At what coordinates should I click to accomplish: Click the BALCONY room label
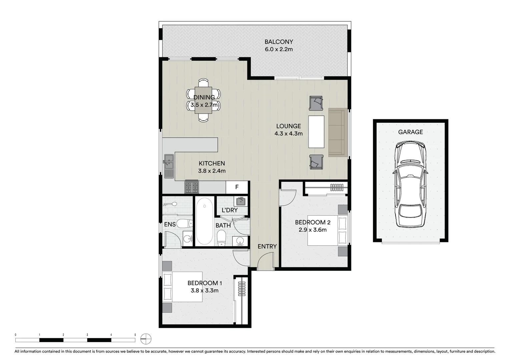pos(279,42)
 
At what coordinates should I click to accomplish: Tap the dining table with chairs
pos(203,100)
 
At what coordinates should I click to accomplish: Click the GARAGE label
pos(410,132)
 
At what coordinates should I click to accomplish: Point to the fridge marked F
pos(237,187)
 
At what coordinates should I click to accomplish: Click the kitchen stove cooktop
pos(191,187)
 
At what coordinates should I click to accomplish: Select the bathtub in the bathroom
pos(204,221)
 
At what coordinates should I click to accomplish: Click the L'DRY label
pos(229,210)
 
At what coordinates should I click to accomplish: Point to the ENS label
pos(170,224)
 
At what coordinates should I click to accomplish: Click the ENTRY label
pos(267,246)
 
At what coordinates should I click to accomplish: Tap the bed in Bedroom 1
pos(182,287)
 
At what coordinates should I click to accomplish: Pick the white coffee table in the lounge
pos(316,131)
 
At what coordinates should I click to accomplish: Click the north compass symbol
pos(146,339)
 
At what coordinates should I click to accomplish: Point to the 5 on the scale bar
pos(135,335)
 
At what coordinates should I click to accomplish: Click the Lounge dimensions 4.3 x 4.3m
pos(289,134)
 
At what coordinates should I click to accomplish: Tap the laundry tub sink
pos(241,201)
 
